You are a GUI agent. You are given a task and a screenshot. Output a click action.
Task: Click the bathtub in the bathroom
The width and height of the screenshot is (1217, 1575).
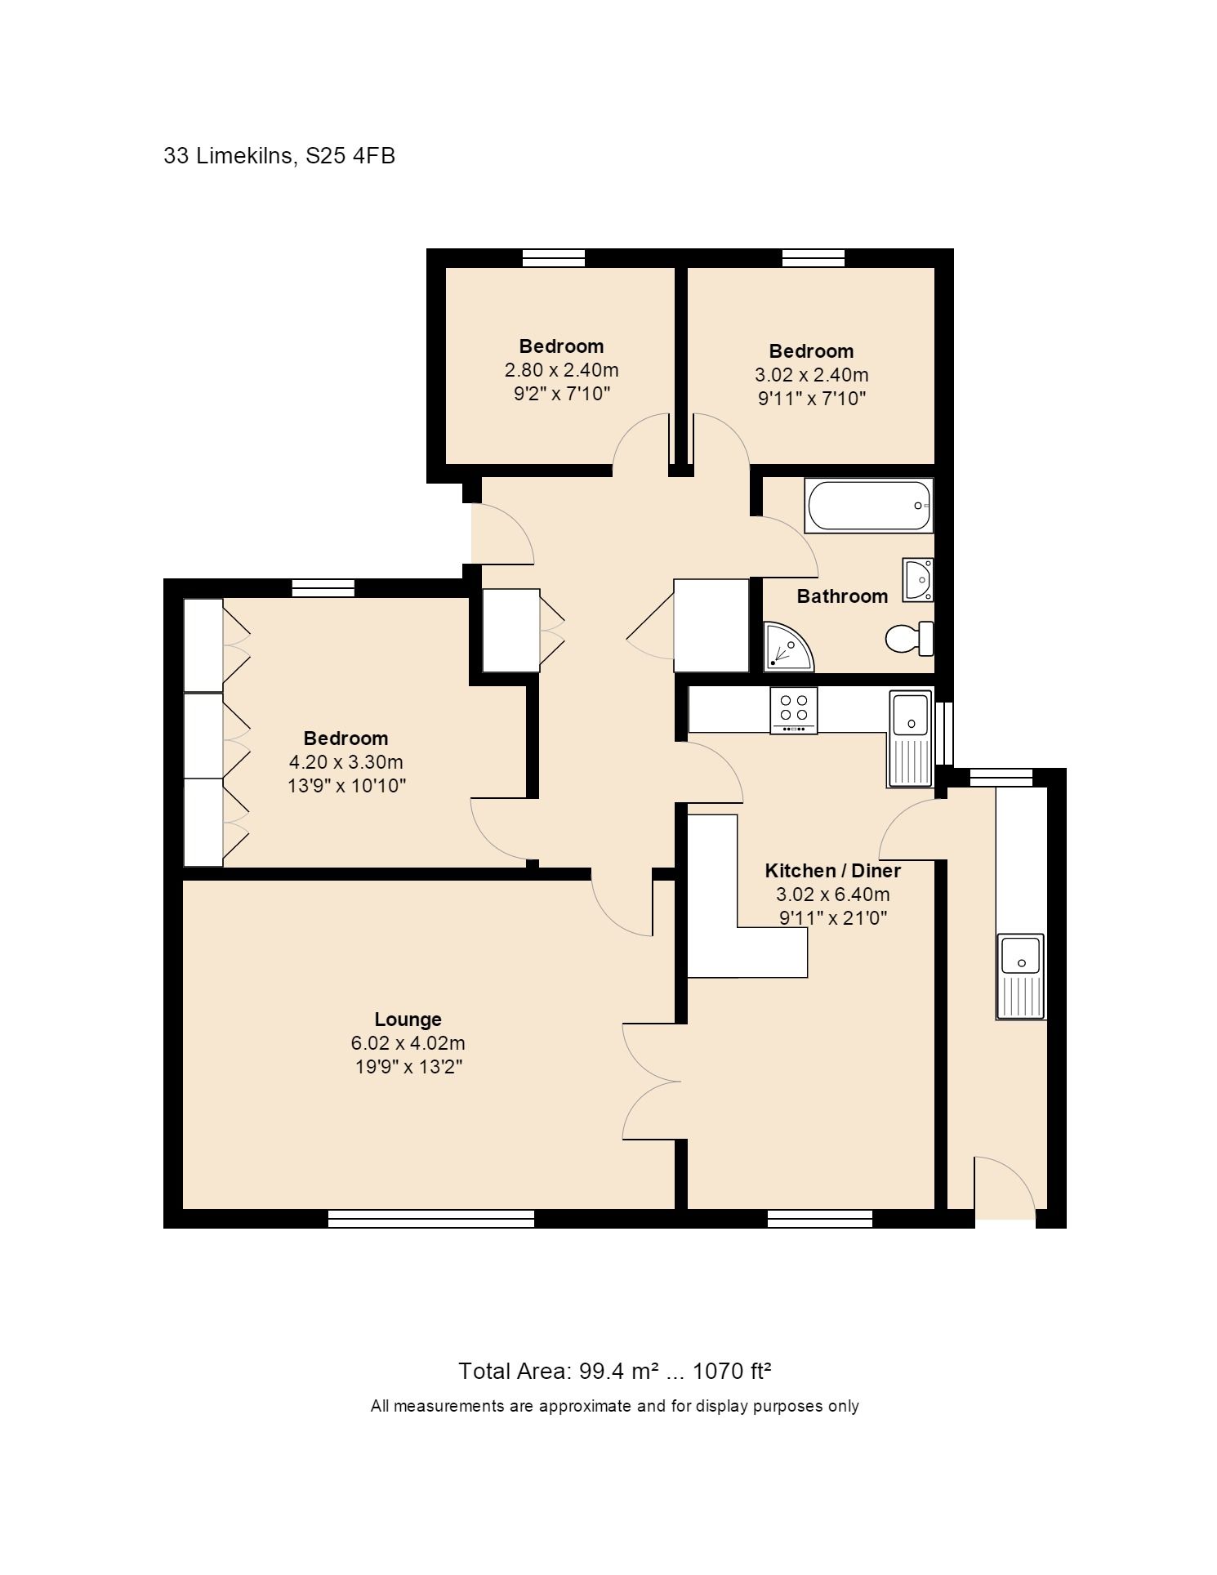tap(869, 506)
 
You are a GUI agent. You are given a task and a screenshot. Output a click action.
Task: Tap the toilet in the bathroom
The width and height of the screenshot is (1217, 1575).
tap(909, 638)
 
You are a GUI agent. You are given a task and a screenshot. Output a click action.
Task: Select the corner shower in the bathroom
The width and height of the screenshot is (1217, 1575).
tap(789, 647)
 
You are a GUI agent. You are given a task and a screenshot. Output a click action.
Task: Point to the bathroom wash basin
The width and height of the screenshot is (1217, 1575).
tap(918, 580)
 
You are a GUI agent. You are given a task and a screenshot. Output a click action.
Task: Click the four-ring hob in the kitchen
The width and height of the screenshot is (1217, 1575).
tap(793, 710)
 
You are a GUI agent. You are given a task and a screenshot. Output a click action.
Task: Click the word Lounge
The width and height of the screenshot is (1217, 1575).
tap(408, 1019)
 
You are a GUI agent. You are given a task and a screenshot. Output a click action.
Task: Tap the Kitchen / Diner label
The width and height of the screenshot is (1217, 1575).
tap(832, 870)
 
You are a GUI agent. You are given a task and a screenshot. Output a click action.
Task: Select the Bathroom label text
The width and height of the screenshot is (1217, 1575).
tap(842, 596)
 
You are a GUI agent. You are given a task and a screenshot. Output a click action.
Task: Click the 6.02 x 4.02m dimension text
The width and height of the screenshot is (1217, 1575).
tap(408, 1042)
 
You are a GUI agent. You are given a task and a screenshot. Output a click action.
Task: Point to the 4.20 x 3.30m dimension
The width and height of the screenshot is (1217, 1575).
tap(345, 762)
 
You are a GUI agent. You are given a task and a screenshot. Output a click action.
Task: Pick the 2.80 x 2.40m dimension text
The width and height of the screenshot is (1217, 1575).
tap(561, 369)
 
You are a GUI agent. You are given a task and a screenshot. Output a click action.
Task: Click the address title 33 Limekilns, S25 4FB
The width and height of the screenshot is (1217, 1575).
tap(279, 155)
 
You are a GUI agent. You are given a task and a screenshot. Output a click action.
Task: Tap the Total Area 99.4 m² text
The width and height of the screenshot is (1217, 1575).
tap(559, 1370)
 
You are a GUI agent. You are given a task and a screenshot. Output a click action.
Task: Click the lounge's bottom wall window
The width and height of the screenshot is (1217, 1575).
tap(430, 1218)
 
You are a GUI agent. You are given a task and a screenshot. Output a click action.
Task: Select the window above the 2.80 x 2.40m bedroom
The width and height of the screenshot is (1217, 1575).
tap(554, 258)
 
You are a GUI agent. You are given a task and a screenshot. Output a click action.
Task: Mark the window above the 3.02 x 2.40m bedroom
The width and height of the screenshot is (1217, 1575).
tap(814, 258)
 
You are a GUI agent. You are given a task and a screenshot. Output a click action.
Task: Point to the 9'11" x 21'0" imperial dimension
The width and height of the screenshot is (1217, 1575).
tap(833, 917)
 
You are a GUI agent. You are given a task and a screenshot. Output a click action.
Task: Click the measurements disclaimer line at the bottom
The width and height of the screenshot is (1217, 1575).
tap(614, 1406)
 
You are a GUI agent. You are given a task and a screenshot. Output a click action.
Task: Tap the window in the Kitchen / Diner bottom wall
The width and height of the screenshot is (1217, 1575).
tap(820, 1218)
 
